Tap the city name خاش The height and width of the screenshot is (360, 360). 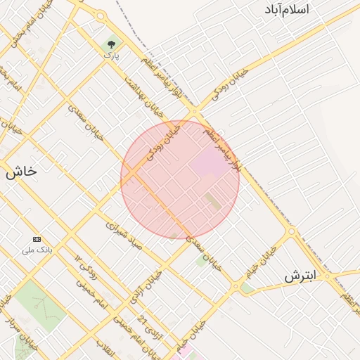[21, 171]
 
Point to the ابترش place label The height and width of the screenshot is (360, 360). [301, 276]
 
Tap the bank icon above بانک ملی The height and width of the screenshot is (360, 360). [37, 239]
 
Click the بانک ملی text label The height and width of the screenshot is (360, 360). [37, 250]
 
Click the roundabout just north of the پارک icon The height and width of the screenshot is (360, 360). [101, 15]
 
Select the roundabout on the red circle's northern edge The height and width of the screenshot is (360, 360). [194, 112]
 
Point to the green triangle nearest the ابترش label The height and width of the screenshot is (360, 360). [246, 288]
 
